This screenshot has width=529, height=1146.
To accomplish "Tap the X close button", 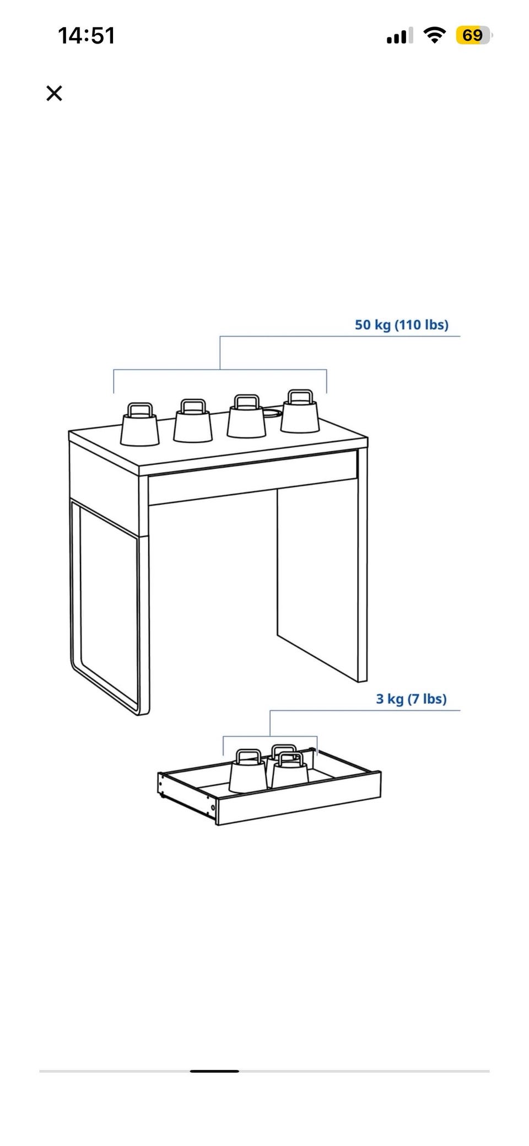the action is pyautogui.click(x=54, y=93).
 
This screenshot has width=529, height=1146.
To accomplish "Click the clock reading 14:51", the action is pyautogui.click(x=87, y=36).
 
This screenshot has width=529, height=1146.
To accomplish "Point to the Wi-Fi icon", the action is pyautogui.click(x=435, y=35).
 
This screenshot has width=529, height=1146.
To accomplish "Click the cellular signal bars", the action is pyautogui.click(x=397, y=36).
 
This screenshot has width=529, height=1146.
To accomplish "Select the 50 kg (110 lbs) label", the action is pyautogui.click(x=402, y=324).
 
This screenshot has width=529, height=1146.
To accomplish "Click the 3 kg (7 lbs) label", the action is pyautogui.click(x=411, y=699).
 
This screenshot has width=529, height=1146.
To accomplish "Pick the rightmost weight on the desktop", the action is pyautogui.click(x=300, y=411).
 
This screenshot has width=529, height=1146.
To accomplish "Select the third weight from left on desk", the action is pyautogui.click(x=247, y=417).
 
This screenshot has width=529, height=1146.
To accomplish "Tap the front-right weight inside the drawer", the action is pyautogui.click(x=290, y=770).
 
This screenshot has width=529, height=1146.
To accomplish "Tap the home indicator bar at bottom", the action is pyautogui.click(x=214, y=1071).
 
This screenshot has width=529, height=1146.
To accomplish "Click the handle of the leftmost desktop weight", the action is pyautogui.click(x=140, y=409).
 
